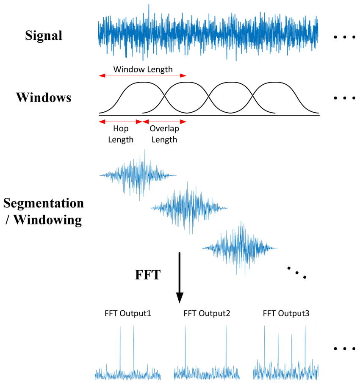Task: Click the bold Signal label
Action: coord(44,36)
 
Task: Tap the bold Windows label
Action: coord(44,97)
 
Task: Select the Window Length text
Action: coord(143,69)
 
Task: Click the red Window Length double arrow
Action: coord(142,75)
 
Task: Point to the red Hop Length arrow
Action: coord(120,122)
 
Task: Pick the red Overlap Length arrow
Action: coord(164,122)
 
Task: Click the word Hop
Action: coord(121,129)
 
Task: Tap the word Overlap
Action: coord(164,129)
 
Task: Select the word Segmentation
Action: coord(44,204)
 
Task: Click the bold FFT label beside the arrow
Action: coord(148,275)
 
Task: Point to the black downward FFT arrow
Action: coord(180,278)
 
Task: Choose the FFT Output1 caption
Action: coord(127,313)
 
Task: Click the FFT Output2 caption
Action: coord(207,313)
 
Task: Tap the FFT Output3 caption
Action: coord(286,313)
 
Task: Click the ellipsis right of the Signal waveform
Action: coord(344,37)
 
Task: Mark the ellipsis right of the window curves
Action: coord(344,98)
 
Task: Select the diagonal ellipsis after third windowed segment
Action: coord(297,273)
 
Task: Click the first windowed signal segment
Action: coord(138,175)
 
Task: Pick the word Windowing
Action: coord(47,220)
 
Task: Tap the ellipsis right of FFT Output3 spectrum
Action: coord(344,349)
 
